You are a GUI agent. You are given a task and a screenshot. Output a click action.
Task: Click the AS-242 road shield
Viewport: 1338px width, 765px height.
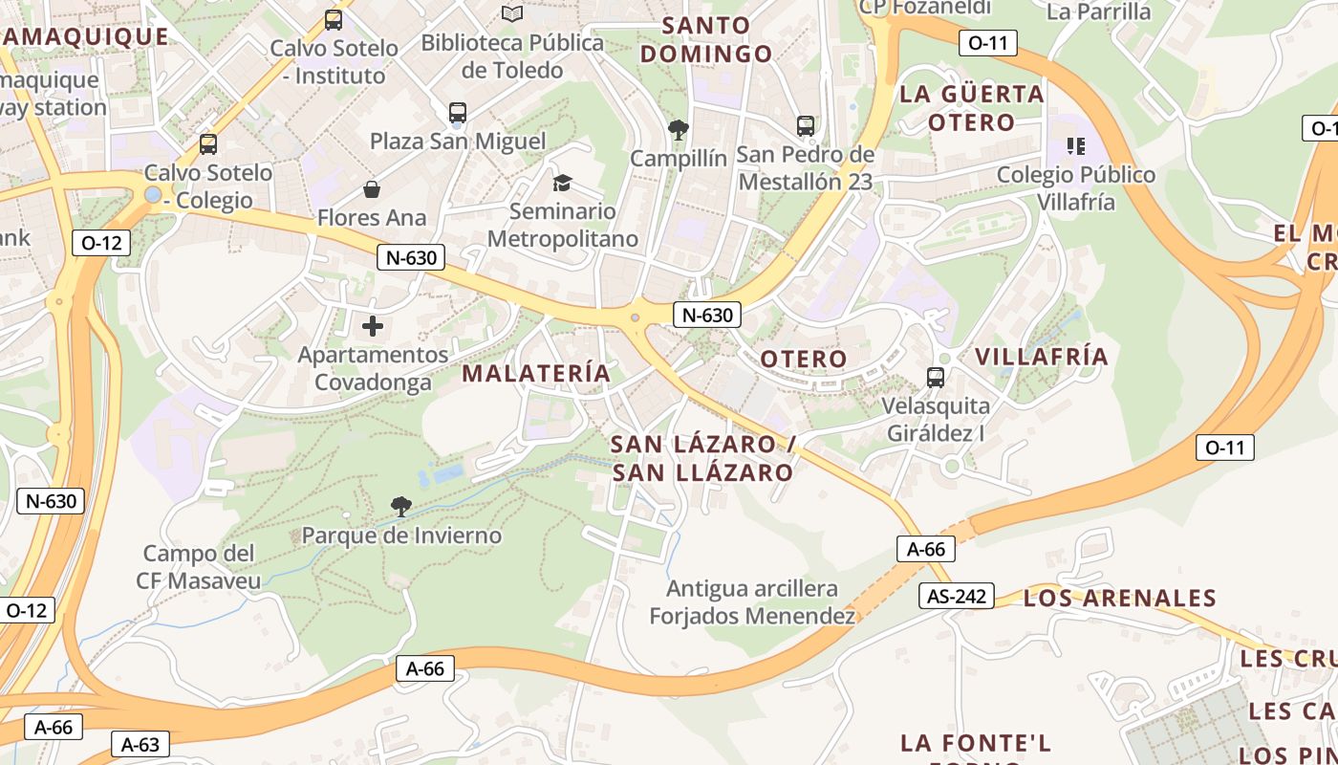958,597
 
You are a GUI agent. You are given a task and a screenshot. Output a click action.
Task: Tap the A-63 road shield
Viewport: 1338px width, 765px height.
140,745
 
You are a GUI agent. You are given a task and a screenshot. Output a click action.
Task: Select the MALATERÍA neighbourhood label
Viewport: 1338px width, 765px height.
536,373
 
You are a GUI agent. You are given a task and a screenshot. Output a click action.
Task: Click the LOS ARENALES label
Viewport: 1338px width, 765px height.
1119,599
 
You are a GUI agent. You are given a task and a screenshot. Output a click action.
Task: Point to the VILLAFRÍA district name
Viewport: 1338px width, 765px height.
1042,357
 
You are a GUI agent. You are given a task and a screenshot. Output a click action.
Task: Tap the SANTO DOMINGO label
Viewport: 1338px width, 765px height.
705,39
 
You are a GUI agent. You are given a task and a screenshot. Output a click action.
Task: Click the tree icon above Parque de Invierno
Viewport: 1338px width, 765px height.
401,507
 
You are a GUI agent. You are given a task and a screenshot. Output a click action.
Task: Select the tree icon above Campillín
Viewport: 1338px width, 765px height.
679,129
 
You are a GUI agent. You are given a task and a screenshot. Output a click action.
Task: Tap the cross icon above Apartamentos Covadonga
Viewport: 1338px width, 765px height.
373,326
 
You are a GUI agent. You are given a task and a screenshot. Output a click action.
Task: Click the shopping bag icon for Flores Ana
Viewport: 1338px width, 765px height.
371,189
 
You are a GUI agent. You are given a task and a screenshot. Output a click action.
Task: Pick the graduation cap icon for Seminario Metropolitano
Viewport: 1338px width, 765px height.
562,182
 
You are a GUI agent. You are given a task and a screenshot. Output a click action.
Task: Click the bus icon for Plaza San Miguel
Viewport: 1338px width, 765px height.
458,113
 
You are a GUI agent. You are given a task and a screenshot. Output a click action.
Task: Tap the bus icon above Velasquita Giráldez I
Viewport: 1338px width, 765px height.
936,378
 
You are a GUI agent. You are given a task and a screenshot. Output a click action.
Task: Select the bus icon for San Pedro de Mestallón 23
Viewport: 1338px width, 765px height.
806,125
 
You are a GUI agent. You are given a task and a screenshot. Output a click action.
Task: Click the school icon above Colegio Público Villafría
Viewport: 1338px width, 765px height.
1076,146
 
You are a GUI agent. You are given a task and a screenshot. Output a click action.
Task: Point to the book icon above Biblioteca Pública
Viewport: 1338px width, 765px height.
512,14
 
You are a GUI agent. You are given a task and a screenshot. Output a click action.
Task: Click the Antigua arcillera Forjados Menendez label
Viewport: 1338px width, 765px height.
752,602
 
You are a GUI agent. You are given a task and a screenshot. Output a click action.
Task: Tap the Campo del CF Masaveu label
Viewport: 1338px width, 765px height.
198,567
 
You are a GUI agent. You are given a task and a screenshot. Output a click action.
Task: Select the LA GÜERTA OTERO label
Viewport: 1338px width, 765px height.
972,108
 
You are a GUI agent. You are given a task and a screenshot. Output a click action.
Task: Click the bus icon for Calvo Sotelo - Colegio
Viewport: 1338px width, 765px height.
207,144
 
